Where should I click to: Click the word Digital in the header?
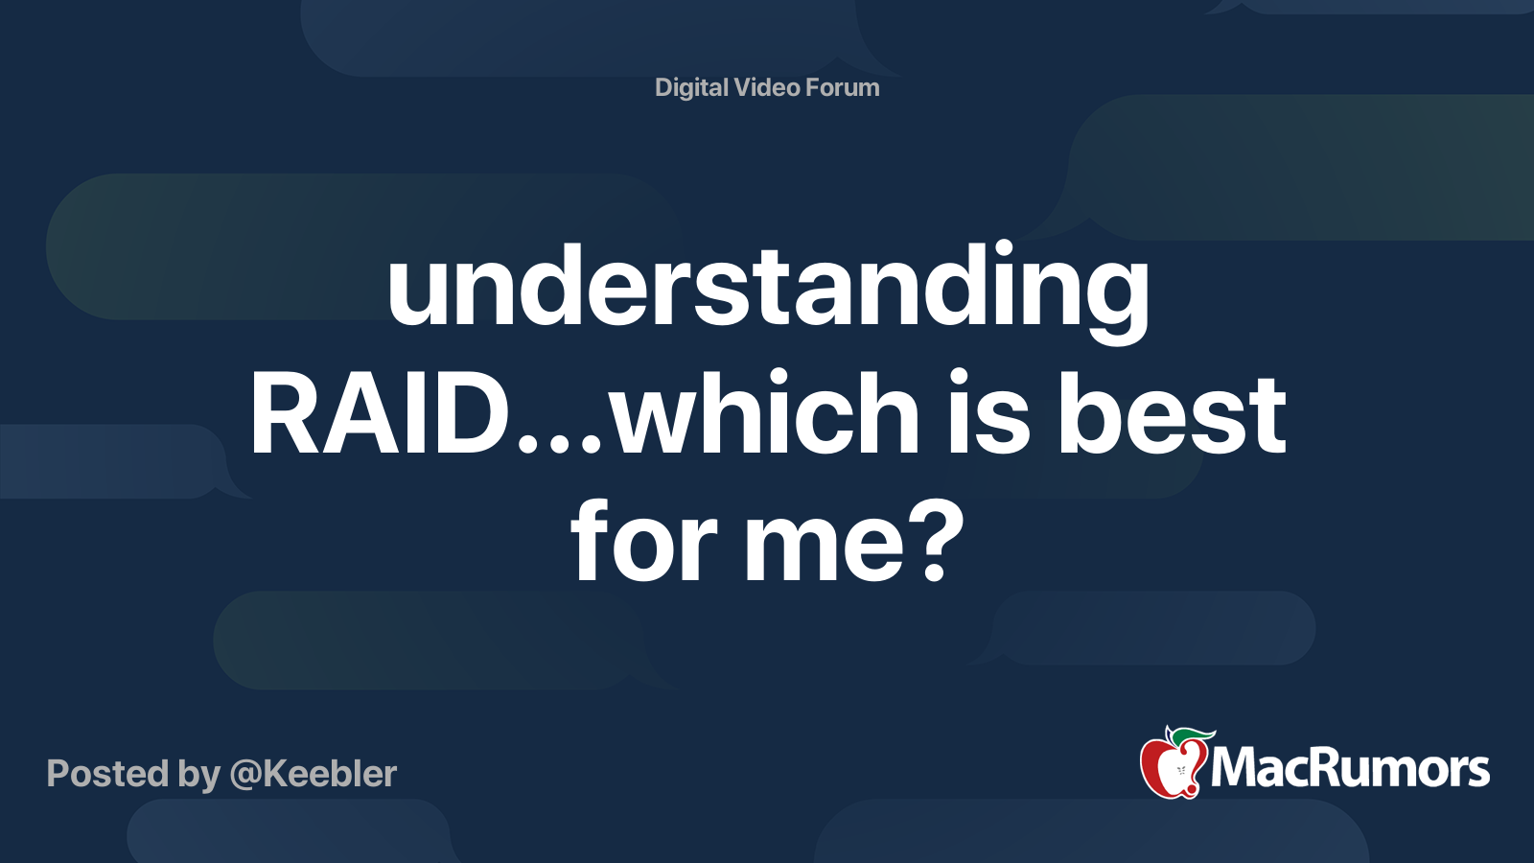(x=691, y=88)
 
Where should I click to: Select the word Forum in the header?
(x=843, y=87)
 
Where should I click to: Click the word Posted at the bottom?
(x=107, y=773)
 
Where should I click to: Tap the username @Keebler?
(x=313, y=774)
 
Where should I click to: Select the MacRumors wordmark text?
(x=1350, y=768)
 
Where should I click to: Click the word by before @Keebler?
(x=199, y=776)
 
